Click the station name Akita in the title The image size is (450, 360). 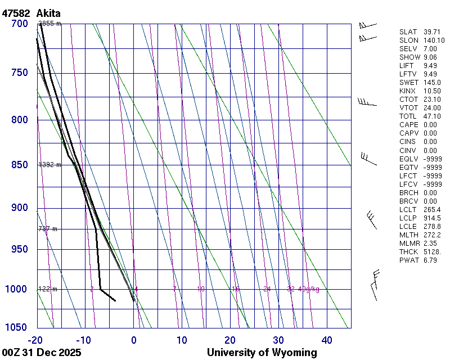click(49, 13)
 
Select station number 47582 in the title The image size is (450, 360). click(16, 13)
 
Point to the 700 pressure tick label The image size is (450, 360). click(20, 24)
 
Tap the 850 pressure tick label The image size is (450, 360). click(20, 165)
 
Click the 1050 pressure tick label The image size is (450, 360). click(17, 327)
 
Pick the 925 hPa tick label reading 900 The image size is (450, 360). click(20, 208)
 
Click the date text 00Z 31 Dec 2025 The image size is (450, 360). click(42, 353)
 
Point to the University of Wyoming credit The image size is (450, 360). click(262, 353)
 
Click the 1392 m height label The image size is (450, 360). click(49, 165)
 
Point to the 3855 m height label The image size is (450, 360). click(49, 24)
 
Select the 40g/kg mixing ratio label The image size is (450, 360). click(309, 289)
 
